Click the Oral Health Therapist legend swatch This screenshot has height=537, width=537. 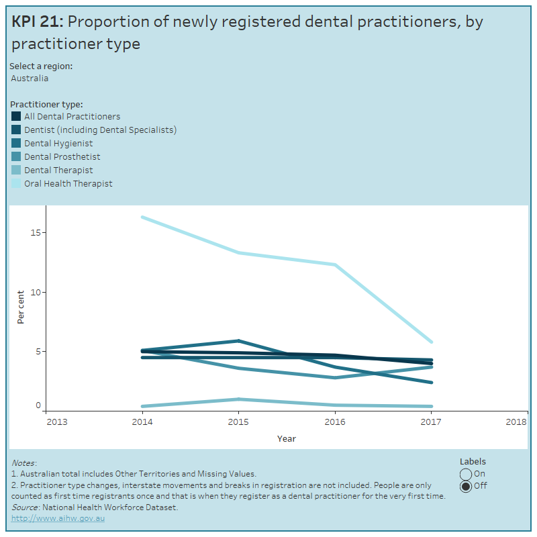[x=17, y=183]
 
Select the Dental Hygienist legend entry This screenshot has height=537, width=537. [x=58, y=143]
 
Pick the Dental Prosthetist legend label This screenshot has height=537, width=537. [x=62, y=156]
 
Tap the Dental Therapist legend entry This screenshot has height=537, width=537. [x=58, y=170]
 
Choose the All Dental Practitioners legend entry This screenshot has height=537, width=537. [x=72, y=116]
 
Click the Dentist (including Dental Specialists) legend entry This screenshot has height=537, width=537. [x=100, y=130]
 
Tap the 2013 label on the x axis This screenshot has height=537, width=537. [x=56, y=422]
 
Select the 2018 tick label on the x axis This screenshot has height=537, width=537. [x=516, y=422]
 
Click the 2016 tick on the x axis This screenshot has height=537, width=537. [x=334, y=422]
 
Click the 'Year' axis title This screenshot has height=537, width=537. [x=287, y=438]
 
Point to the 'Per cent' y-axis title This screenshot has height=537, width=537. [x=21, y=307]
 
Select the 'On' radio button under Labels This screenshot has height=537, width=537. [x=466, y=474]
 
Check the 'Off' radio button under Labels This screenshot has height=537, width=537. [x=466, y=486]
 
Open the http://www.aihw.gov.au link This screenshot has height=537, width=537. [x=58, y=518]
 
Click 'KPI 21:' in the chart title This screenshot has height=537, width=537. [x=38, y=21]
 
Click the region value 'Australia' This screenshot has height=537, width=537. [x=30, y=78]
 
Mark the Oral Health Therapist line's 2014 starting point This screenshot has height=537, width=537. [x=142, y=217]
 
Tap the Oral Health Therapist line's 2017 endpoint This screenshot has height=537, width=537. [x=430, y=342]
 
